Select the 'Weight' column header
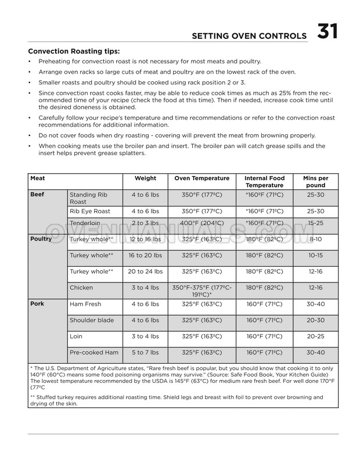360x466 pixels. [145, 178]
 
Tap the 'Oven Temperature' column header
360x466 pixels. [202, 178]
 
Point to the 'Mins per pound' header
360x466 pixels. [316, 182]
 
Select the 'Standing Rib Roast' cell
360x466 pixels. [88, 198]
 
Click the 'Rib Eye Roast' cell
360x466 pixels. [90, 212]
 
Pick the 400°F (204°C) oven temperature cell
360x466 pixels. [202, 223]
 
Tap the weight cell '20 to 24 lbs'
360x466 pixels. [145, 271]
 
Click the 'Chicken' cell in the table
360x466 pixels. [81, 288]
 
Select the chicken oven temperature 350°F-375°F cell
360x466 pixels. [202, 291]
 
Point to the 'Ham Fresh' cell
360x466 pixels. [85, 304]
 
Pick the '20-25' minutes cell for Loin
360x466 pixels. [316, 336]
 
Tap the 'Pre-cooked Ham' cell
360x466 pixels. [94, 353]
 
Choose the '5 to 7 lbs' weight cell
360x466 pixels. [145, 353]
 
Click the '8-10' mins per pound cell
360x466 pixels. [316, 239]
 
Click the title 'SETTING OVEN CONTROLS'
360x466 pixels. [250, 37]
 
